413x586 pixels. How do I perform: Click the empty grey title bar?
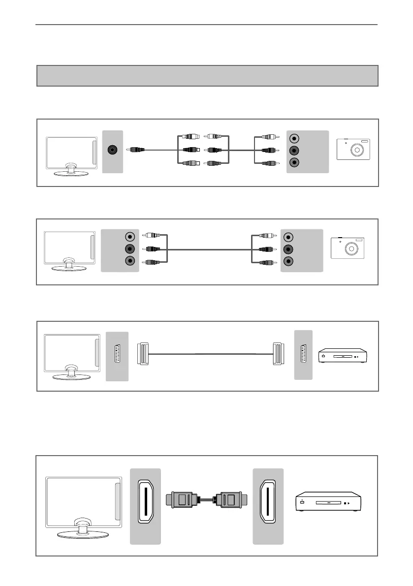pos(207,76)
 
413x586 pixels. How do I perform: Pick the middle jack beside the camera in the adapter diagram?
pos(294,150)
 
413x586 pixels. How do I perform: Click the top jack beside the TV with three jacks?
pos(129,237)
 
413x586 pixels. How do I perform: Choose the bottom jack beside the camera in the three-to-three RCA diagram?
pos(288,261)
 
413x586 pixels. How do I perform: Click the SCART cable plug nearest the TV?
pos(142,354)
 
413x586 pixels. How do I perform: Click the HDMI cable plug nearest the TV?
pos(184,500)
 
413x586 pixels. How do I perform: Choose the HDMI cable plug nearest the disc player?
pos(229,500)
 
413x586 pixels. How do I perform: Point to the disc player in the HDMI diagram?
pos(329,503)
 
